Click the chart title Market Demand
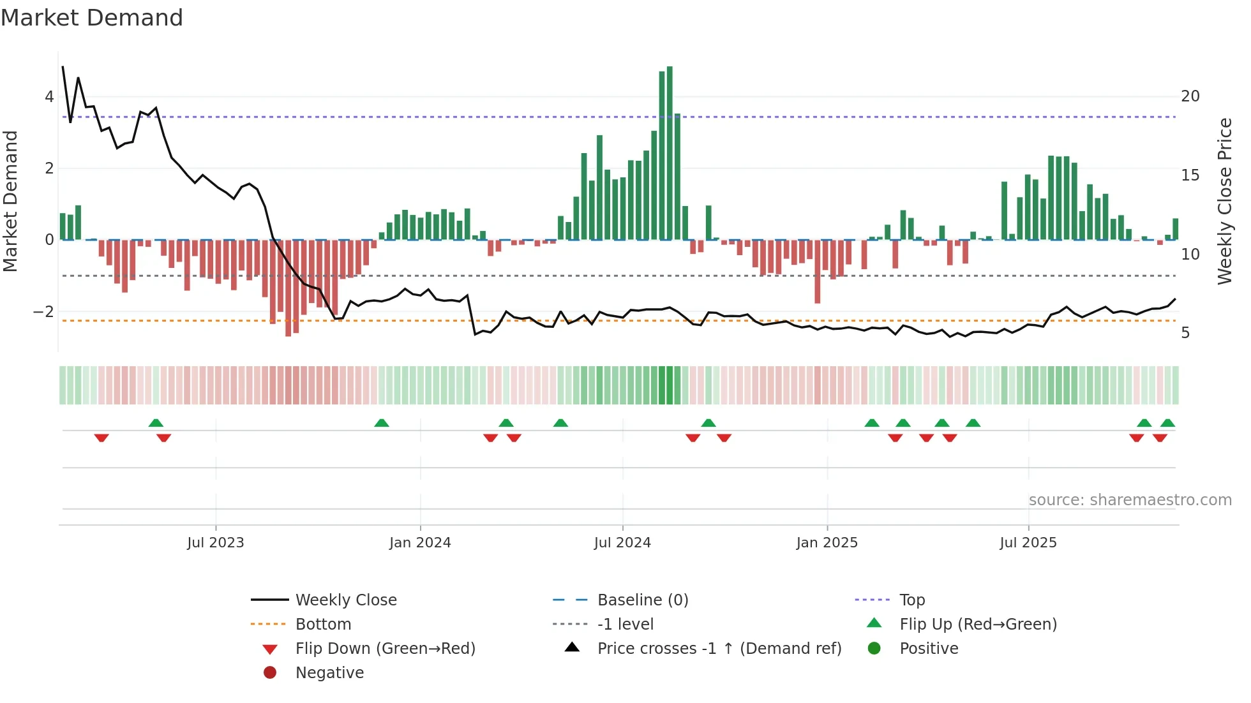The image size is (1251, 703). pos(92,18)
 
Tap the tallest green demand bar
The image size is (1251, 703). pos(670,153)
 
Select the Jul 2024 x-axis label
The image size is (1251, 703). pos(622,543)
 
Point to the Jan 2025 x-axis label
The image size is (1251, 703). pos(827,543)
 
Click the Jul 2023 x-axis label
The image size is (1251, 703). pos(216,543)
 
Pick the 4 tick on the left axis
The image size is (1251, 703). pos(49,97)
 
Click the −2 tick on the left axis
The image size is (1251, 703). pos(43,312)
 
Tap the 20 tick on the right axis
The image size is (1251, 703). pos(1190,96)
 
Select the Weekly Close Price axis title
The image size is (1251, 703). pos(1225,201)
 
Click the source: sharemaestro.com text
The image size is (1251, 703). pos(1130,500)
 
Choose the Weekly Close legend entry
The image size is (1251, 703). pos(345,600)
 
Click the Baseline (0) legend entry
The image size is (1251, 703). pos(642,600)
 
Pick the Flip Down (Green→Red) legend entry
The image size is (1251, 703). pos(385,649)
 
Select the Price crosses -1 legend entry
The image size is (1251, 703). pos(719,649)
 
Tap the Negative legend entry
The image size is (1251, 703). pos(329,673)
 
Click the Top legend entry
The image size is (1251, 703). pos(912,600)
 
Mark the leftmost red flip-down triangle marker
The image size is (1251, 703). pos(101,438)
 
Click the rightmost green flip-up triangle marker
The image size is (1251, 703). pos(1167,423)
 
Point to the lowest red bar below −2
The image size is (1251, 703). pos(288,287)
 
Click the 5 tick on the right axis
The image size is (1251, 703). pos(1185,333)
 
